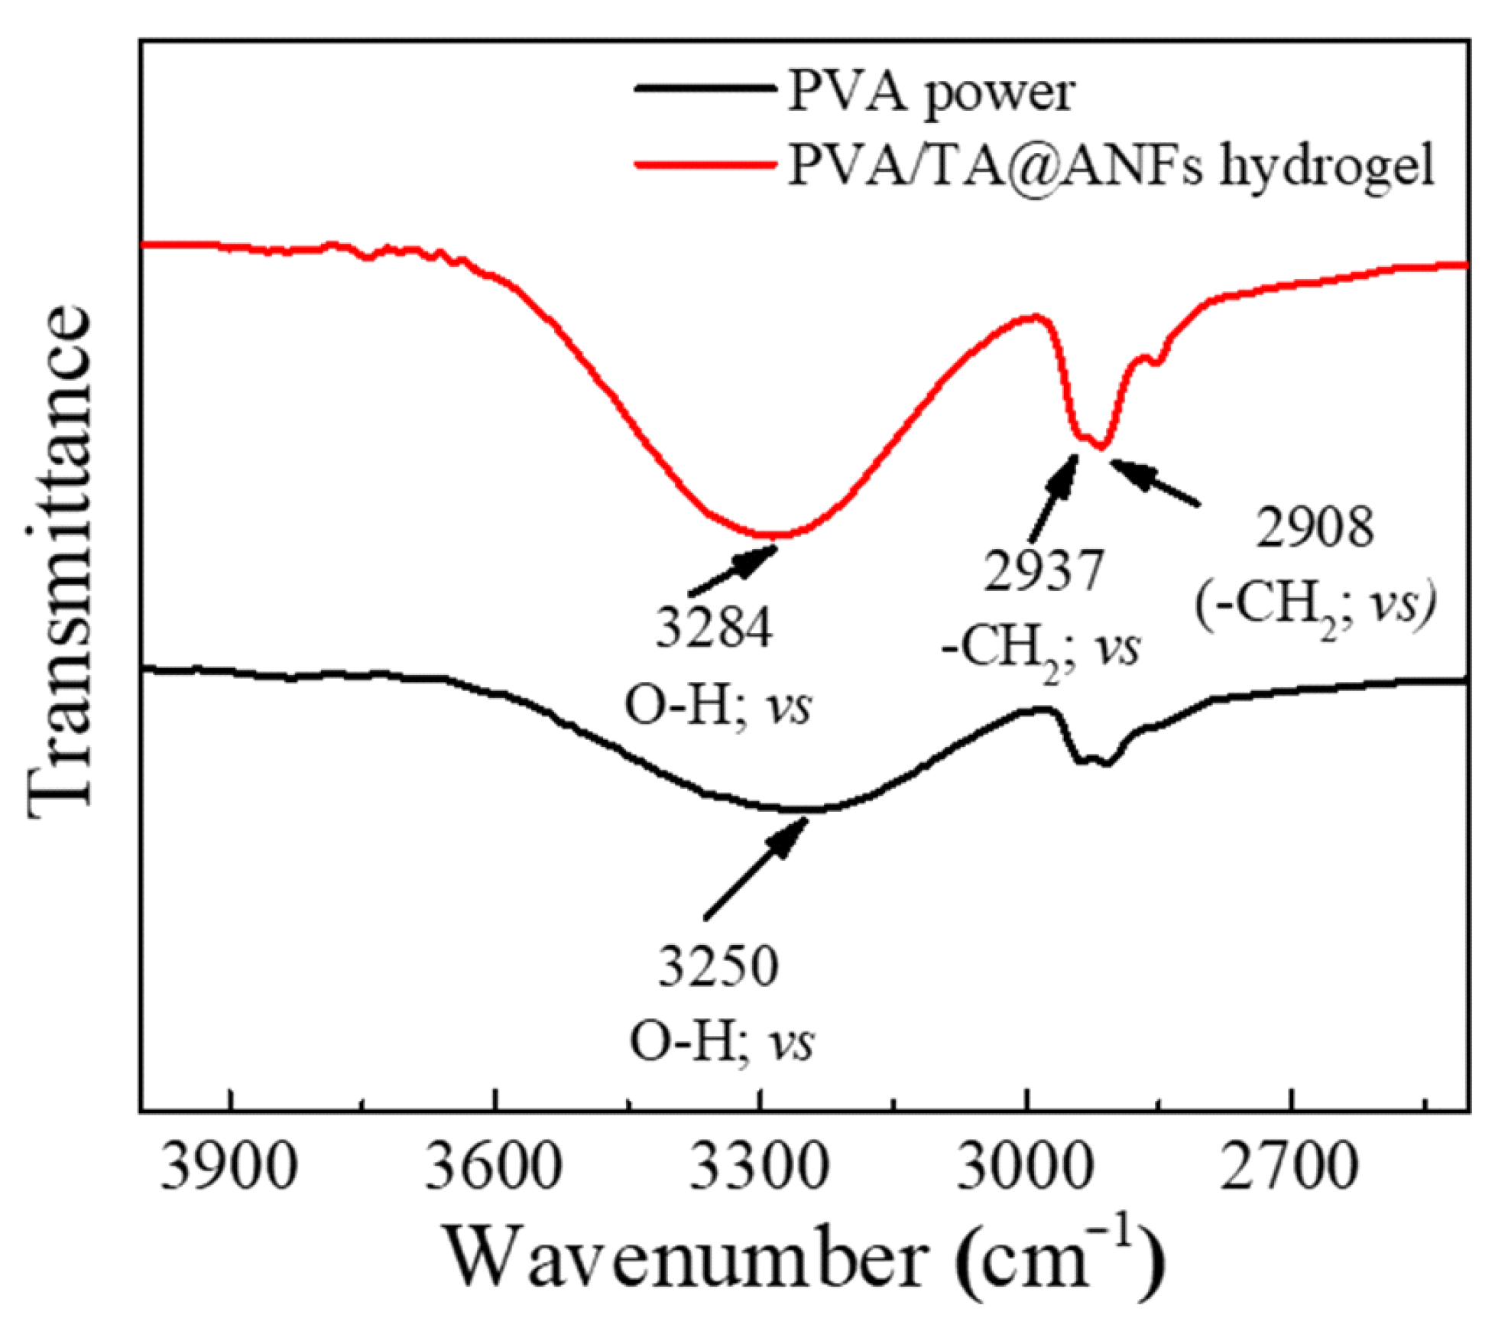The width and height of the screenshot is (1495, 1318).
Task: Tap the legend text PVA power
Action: click(x=931, y=92)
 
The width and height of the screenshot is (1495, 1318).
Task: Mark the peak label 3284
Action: click(x=715, y=628)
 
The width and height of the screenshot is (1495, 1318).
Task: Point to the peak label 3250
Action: click(x=718, y=966)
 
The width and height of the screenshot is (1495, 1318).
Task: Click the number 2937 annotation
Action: click(x=1044, y=570)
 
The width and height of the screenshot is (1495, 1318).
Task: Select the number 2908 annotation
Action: click(x=1315, y=528)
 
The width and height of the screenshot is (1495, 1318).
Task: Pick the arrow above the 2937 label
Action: click(x=1055, y=497)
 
